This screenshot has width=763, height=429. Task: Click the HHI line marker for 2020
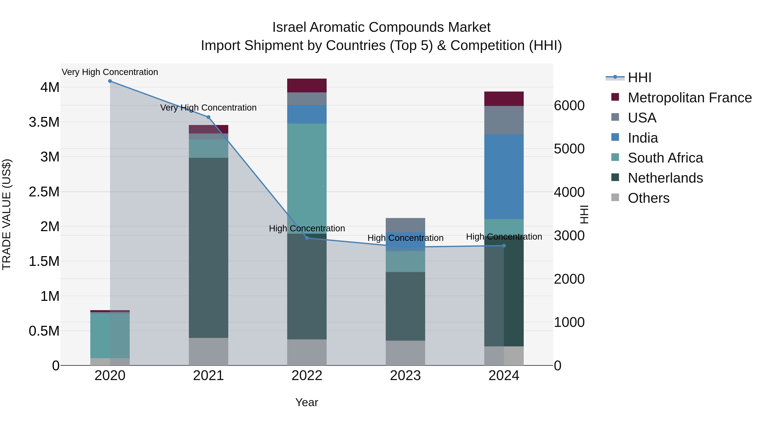[110, 81]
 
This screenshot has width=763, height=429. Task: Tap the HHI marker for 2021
[208, 117]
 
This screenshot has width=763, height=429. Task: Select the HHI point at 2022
[307, 238]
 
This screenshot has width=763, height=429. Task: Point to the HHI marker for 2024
[504, 246]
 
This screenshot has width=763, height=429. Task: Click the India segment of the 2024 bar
[504, 176]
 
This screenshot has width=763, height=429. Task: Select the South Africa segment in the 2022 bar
[307, 178]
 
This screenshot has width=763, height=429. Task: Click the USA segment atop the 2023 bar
[405, 225]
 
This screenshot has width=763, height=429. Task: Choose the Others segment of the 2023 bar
[405, 353]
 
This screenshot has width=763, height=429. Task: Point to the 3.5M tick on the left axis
[44, 122]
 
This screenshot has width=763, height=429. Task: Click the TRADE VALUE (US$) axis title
[7, 214]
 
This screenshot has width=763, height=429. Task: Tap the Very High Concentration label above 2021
[208, 108]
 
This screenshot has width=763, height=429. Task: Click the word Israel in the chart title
[289, 28]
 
